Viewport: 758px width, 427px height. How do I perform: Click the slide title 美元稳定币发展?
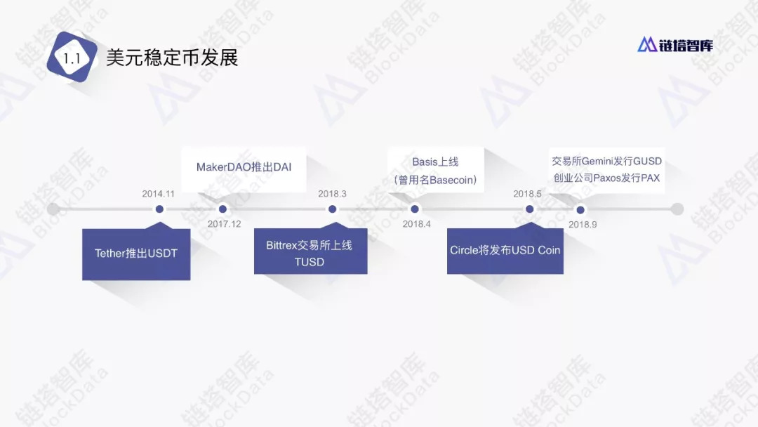point(172,58)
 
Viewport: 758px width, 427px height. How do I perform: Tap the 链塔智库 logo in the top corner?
point(674,45)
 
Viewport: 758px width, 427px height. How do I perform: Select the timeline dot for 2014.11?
point(159,209)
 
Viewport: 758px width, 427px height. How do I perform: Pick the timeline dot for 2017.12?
point(222,209)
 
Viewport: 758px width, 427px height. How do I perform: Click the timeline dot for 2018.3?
point(332,209)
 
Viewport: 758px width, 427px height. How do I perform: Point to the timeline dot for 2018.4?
point(415,209)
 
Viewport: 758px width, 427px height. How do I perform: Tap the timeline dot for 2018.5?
point(529,209)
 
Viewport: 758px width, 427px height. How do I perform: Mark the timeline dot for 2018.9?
point(580,209)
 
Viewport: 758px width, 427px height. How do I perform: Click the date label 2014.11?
point(158,193)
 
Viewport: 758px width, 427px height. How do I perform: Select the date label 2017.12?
point(224,224)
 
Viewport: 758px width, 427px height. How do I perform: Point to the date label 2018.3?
point(332,193)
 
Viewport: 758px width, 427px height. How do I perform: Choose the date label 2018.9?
point(583,225)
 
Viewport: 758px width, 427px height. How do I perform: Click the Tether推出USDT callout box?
point(136,254)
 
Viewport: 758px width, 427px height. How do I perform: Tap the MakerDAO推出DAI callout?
point(244,167)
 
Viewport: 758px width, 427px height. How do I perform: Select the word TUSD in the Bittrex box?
point(309,262)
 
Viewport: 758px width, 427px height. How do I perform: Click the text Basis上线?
point(435,162)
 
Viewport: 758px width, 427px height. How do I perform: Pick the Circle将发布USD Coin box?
point(505,250)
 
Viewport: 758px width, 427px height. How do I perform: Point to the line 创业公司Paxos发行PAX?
point(606,178)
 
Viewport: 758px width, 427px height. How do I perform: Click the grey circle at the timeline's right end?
point(677,209)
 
